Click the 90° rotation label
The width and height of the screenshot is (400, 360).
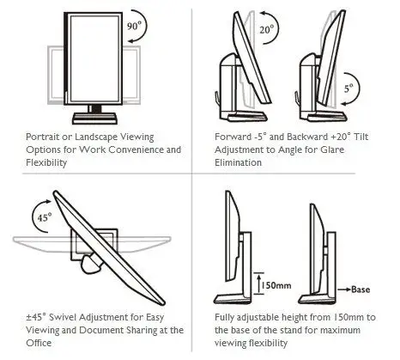point(134,26)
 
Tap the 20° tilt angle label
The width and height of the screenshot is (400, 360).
point(267,29)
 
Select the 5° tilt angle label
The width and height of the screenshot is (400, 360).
point(348,88)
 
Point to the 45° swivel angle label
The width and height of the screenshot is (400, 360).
point(45,217)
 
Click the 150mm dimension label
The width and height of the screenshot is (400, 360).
point(276,285)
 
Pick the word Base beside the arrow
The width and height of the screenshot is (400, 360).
point(361,290)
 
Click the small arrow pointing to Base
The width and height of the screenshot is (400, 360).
point(344,290)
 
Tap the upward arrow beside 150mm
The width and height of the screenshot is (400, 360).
point(259,284)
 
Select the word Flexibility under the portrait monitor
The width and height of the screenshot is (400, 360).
point(46,162)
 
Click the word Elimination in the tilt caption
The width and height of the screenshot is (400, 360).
point(238,162)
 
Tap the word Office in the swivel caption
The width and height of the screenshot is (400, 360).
point(39,343)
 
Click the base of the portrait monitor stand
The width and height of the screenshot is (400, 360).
point(94,119)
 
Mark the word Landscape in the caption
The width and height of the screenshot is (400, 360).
point(95,137)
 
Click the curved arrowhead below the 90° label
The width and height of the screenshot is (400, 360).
point(130,41)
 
